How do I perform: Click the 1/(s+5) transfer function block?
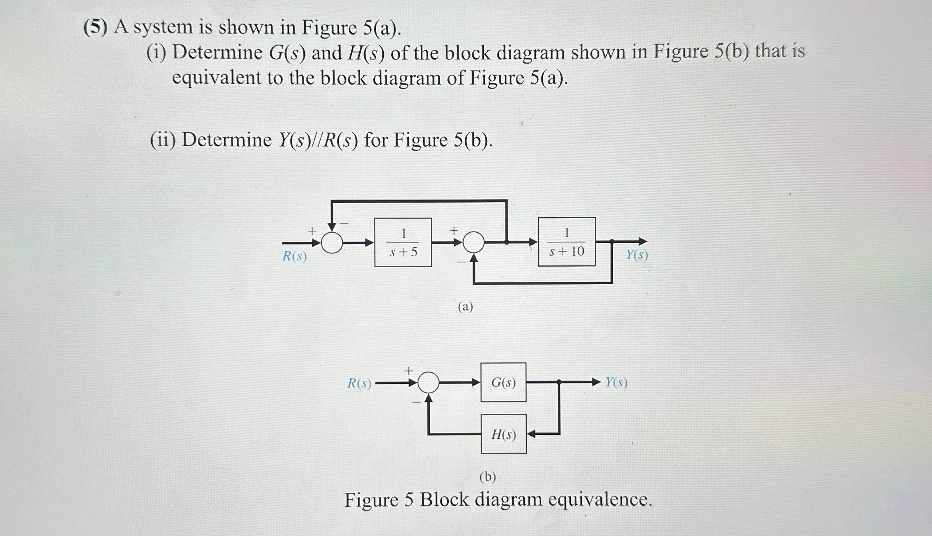403,242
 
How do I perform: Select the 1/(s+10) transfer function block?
567,241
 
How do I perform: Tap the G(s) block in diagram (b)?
503,383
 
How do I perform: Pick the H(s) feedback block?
503,434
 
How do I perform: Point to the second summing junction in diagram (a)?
474,242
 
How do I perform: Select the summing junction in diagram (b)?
428,383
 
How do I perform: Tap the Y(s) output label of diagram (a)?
637,255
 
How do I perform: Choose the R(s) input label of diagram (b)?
359,384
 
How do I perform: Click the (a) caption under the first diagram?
465,307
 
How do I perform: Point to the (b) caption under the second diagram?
488,477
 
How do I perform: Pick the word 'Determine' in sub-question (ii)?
227,140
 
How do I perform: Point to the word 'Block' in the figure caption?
444,500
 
